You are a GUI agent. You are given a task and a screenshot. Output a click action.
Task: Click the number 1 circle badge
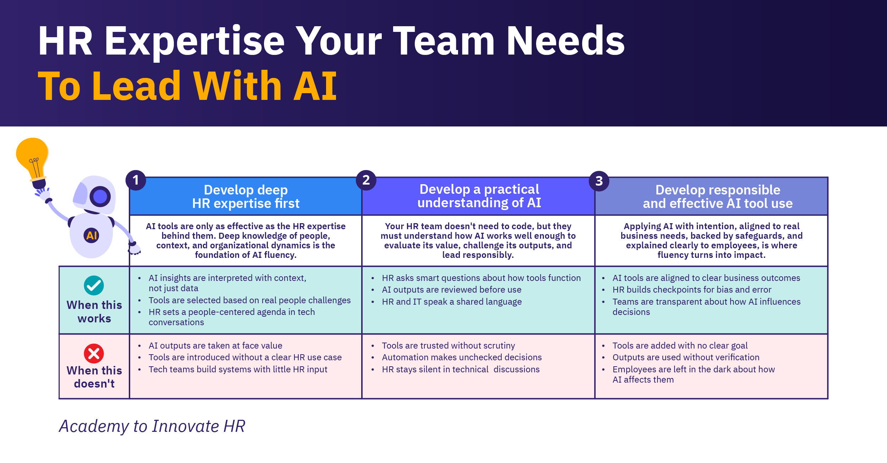click(136, 180)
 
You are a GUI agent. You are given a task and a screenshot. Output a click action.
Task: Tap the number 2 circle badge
click(366, 180)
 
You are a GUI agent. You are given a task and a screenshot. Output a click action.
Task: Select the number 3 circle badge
click(599, 181)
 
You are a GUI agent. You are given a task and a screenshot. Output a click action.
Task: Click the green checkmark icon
click(94, 286)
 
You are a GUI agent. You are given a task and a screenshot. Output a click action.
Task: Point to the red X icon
click(94, 354)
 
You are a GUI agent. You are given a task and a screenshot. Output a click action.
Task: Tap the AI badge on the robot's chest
click(92, 235)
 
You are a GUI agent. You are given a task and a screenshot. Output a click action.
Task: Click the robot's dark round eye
click(100, 197)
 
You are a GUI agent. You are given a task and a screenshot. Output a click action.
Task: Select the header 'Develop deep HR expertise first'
click(246, 197)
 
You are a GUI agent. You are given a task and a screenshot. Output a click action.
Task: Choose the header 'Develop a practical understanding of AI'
click(479, 196)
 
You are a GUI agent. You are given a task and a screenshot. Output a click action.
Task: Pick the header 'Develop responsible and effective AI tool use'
click(718, 197)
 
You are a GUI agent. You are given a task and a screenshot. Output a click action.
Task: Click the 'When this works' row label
click(94, 312)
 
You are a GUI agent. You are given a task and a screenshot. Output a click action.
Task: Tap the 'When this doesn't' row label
click(94, 377)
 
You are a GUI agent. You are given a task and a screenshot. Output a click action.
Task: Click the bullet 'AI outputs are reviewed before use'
click(452, 290)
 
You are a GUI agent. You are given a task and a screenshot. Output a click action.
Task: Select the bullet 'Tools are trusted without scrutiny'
click(448, 346)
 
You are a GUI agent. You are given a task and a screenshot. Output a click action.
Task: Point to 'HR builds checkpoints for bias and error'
click(692, 290)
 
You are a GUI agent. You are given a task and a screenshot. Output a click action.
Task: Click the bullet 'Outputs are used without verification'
click(686, 357)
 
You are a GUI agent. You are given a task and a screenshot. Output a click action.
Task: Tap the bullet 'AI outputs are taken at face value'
click(215, 346)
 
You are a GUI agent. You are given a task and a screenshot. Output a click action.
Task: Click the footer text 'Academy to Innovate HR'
click(152, 426)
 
